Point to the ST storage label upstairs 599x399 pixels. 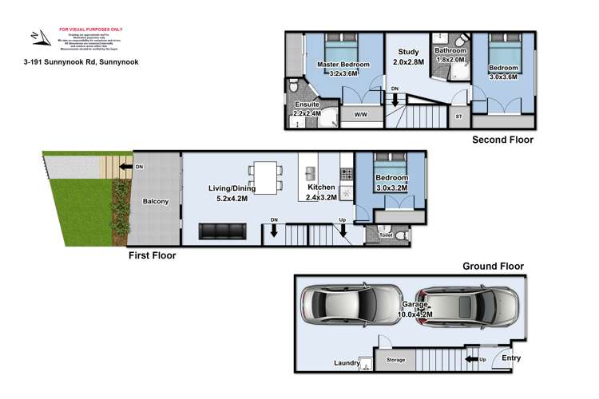tap(458, 117)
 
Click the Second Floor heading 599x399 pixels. tap(502, 140)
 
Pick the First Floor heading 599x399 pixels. tap(153, 256)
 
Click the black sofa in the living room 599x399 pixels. tap(221, 231)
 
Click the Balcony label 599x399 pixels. tap(156, 202)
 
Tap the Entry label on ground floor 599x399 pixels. tap(510, 358)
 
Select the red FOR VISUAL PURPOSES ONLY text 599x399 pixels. tap(77, 28)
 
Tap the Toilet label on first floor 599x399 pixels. tap(386, 236)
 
